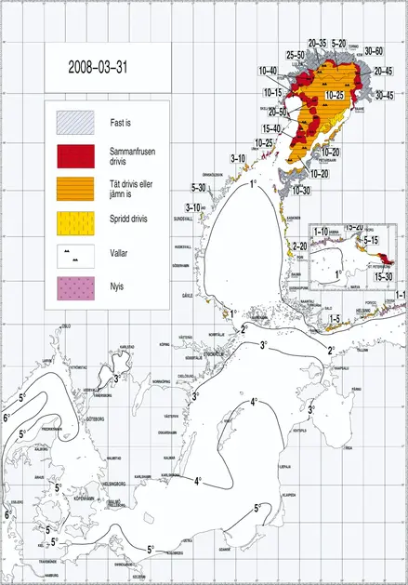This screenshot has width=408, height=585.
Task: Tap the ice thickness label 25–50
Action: coord(295,55)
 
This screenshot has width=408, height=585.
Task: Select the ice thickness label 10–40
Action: coord(269,71)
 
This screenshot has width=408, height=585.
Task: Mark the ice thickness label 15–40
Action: coord(271,128)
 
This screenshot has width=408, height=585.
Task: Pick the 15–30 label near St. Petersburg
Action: coord(384,277)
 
